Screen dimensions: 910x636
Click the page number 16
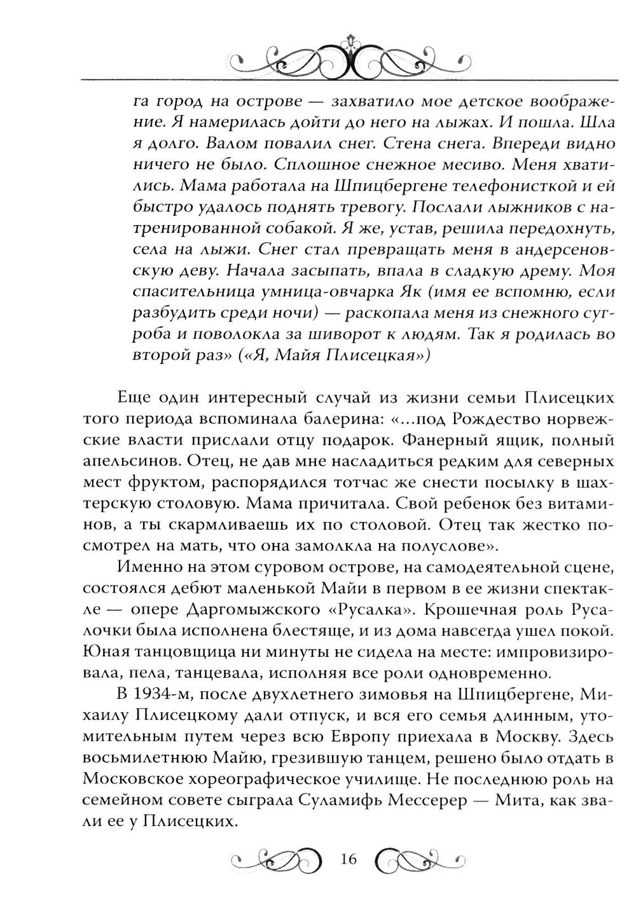349,859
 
